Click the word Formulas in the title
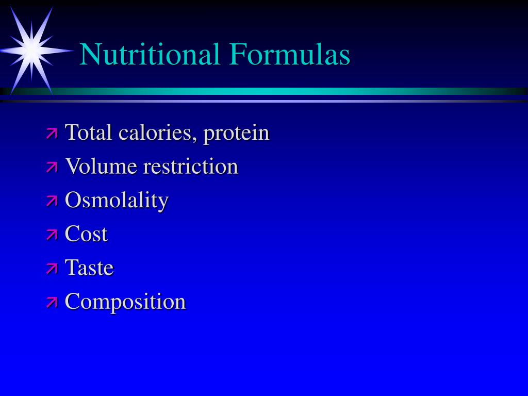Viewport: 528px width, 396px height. pos(290,54)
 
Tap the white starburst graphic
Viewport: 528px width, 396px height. pos(32,50)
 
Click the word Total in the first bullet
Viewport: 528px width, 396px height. pos(89,133)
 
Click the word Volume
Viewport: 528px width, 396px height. pos(101,167)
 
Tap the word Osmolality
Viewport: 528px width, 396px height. pos(117,201)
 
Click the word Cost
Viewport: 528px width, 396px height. pos(86,234)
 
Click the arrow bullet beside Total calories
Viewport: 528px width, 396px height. pos(52,134)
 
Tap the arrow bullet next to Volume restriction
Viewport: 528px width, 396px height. pos(52,167)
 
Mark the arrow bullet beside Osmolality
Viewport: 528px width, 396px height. pos(52,201)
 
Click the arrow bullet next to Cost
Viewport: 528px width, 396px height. pos(52,235)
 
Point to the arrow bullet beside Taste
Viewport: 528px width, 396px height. pos(52,269)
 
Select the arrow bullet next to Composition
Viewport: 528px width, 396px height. pos(52,302)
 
